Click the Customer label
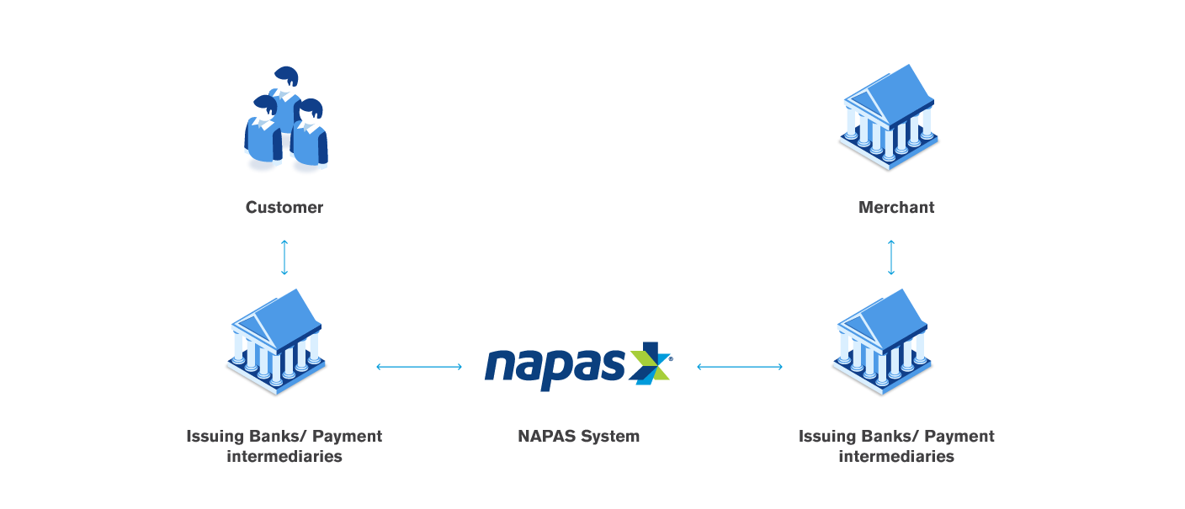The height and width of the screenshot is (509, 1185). (x=284, y=207)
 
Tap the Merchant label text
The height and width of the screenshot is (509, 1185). (x=896, y=207)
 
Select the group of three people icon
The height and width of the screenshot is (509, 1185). (x=285, y=122)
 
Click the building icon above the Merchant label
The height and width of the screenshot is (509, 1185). (x=889, y=118)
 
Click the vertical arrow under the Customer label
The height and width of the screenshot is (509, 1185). (x=284, y=257)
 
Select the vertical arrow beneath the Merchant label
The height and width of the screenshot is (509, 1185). (x=891, y=257)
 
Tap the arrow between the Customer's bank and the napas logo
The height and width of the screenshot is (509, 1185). (x=419, y=366)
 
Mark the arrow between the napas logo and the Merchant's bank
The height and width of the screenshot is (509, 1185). (x=740, y=366)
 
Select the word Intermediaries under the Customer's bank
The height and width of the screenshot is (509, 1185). (x=284, y=457)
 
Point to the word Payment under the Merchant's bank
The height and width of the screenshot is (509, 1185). (x=960, y=436)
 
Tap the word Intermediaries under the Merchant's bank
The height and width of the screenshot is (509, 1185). (x=896, y=457)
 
